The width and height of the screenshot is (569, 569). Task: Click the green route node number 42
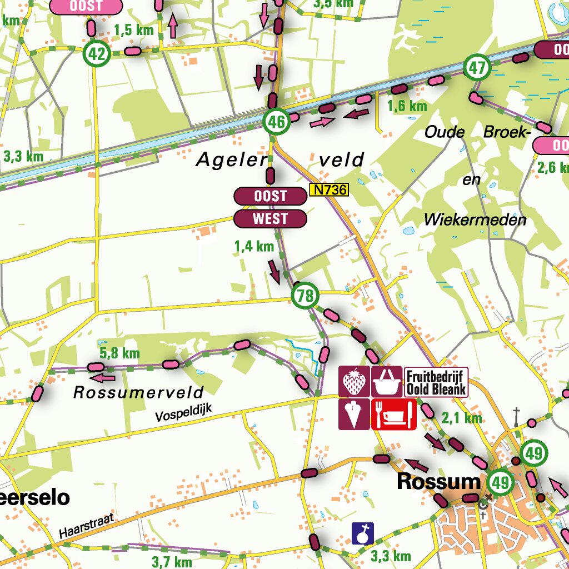[97, 54]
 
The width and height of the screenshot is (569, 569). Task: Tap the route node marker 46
[276, 122]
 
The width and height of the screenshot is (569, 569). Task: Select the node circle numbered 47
[477, 68]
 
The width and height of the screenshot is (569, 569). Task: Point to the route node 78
[305, 295]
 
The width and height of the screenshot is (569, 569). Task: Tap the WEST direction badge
[270, 219]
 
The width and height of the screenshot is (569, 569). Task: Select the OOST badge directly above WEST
[270, 196]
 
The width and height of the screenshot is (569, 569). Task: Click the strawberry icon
[354, 382]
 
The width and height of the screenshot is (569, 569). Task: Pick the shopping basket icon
[386, 382]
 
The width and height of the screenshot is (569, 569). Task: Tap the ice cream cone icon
[354, 414]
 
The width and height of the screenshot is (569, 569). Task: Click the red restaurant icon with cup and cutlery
[393, 414]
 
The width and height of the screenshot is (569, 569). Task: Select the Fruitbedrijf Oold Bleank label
[436, 382]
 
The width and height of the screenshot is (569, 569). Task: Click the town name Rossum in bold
[438, 482]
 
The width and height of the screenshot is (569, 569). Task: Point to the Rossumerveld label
[138, 392]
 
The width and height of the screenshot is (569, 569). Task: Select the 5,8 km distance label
[119, 353]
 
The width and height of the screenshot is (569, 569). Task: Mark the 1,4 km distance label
[254, 246]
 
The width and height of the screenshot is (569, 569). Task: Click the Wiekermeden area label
[475, 219]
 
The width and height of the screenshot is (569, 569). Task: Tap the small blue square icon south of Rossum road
[363, 533]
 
